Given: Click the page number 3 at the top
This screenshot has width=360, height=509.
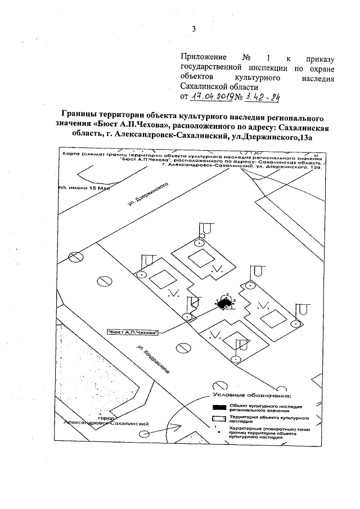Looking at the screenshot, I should [x=193, y=29].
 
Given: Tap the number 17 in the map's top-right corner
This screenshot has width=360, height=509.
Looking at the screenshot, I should [x=316, y=155].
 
